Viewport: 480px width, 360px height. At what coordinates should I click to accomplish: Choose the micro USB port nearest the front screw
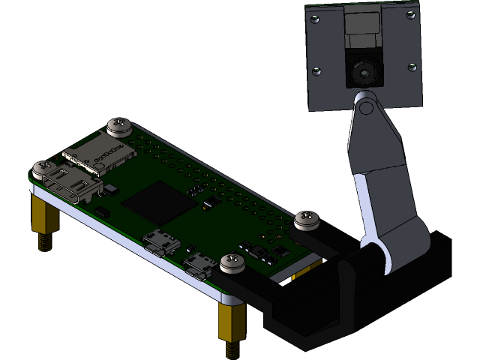(200, 265)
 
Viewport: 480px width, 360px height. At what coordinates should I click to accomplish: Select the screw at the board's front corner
(232, 262)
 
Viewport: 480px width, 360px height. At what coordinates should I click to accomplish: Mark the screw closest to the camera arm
(307, 220)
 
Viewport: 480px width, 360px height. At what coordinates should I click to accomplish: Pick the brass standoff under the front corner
(229, 322)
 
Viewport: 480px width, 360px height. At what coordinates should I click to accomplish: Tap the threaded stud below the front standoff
(232, 349)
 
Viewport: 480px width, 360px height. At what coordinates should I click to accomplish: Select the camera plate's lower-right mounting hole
(412, 66)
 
